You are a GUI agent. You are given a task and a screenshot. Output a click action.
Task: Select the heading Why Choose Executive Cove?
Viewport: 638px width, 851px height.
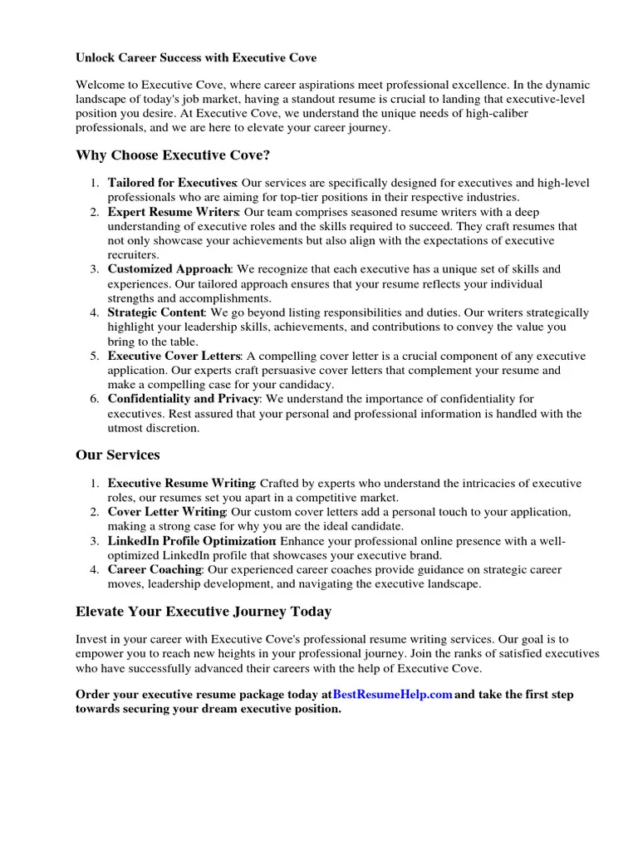[173, 155]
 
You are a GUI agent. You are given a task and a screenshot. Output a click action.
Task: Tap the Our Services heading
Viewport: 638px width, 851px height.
[117, 455]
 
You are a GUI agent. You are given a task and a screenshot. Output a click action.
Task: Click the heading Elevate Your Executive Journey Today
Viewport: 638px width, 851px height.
[203, 612]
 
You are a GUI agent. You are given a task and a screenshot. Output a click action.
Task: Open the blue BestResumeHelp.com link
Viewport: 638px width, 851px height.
[392, 694]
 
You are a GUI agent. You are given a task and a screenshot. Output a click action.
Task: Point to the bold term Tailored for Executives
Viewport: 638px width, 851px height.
[172, 183]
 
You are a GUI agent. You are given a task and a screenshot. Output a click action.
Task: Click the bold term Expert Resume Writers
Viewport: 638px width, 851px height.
[173, 213]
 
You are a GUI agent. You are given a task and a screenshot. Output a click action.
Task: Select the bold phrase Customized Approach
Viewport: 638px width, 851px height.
[169, 269]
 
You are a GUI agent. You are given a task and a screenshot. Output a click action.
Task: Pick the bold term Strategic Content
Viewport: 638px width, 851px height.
[156, 312]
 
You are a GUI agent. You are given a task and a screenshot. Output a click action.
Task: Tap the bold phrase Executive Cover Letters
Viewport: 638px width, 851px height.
[174, 356]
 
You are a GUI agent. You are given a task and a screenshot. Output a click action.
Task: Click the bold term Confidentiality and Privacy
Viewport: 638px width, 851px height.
[184, 399]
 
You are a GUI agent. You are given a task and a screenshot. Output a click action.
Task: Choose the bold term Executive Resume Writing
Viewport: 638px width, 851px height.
[181, 483]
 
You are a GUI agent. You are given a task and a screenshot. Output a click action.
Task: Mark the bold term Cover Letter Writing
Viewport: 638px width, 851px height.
[166, 512]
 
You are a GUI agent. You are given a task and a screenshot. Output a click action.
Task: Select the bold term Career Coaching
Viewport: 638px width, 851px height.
[155, 569]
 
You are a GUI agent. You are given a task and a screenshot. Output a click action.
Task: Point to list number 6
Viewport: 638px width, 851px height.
[94, 399]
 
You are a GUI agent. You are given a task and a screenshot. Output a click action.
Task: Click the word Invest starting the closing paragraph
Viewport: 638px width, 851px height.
[91, 639]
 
